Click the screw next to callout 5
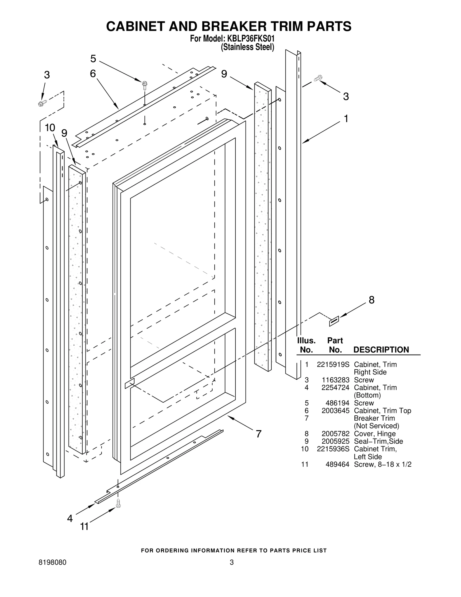pos(145,85)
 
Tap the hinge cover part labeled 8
pos(334,321)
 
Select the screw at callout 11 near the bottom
pos(118,503)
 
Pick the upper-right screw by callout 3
pos(318,78)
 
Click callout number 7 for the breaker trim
pos(258,434)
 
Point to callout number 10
pos(50,127)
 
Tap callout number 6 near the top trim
pos(93,74)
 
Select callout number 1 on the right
pos(346,118)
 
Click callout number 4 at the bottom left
pos(70,518)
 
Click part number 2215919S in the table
pos(333,364)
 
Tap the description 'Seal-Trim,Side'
pos(378,441)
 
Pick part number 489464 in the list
pos(337,464)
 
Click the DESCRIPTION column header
pos(381,350)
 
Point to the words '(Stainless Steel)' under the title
pos(247,47)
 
